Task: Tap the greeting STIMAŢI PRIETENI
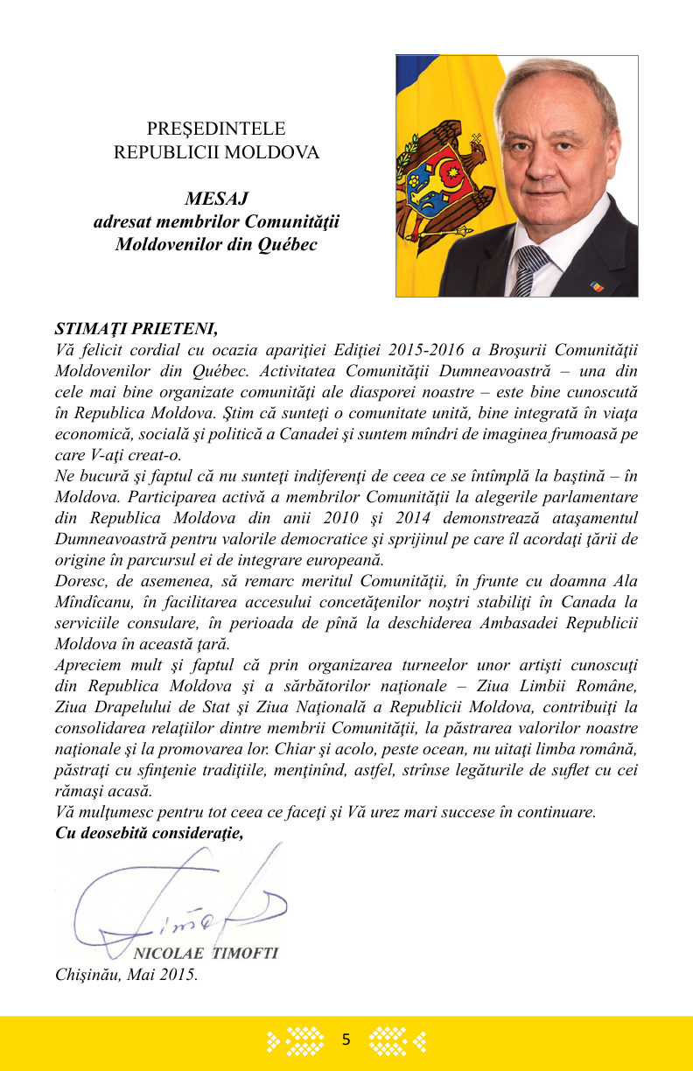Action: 136,329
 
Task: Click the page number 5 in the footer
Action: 346,1040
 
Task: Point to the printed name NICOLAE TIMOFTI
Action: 205,953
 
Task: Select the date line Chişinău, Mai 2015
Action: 126,974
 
